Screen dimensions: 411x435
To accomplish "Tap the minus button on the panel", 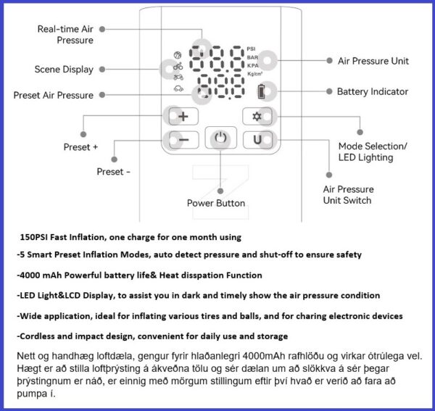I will (x=183, y=139).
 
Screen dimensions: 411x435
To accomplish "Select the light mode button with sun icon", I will (x=256, y=116).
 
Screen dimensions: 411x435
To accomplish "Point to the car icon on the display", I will (x=178, y=88).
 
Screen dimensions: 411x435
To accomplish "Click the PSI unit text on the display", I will (x=252, y=49).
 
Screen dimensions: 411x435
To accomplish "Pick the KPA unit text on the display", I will (x=252, y=65).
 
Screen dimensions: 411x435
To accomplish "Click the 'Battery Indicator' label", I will (x=372, y=92).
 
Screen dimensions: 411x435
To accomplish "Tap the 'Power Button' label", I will (x=216, y=203).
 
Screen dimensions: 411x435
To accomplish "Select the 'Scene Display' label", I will (x=64, y=70).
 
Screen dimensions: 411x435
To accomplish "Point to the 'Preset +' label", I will (x=80, y=147).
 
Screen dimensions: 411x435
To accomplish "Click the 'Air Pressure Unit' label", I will (x=373, y=61).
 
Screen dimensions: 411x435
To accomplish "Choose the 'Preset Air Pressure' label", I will (x=53, y=95).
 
